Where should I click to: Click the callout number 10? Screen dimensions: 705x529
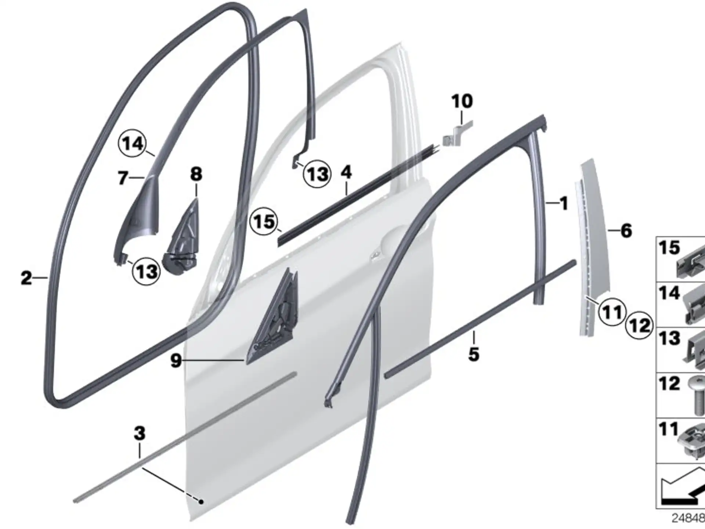click(x=462, y=101)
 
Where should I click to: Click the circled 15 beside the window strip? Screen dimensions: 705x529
click(x=264, y=222)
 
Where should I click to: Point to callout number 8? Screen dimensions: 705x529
click(x=196, y=174)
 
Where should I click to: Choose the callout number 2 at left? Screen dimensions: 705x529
click(x=26, y=278)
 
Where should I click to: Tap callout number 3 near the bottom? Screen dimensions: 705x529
click(x=140, y=433)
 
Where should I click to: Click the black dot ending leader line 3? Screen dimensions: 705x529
click(x=201, y=501)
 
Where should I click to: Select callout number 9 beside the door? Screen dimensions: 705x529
click(x=176, y=361)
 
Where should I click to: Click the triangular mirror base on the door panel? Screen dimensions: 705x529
click(x=272, y=316)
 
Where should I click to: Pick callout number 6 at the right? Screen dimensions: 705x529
click(x=626, y=231)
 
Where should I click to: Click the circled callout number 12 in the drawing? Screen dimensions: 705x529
click(x=639, y=325)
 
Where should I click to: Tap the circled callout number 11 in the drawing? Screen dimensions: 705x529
click(x=612, y=312)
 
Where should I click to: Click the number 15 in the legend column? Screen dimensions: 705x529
click(x=669, y=248)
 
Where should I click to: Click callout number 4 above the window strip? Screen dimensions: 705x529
click(x=346, y=173)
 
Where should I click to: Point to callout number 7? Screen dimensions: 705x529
click(x=123, y=178)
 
